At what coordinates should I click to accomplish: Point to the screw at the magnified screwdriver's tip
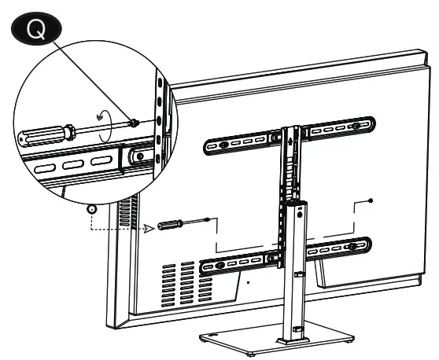[136, 122]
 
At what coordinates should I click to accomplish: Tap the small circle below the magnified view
[91, 210]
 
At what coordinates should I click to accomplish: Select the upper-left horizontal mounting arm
[237, 143]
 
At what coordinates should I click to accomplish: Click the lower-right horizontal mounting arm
[338, 248]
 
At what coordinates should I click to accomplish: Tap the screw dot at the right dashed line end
[371, 201]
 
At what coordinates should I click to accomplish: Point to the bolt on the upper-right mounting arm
[358, 125]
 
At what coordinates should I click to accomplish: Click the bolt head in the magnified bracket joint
[141, 156]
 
